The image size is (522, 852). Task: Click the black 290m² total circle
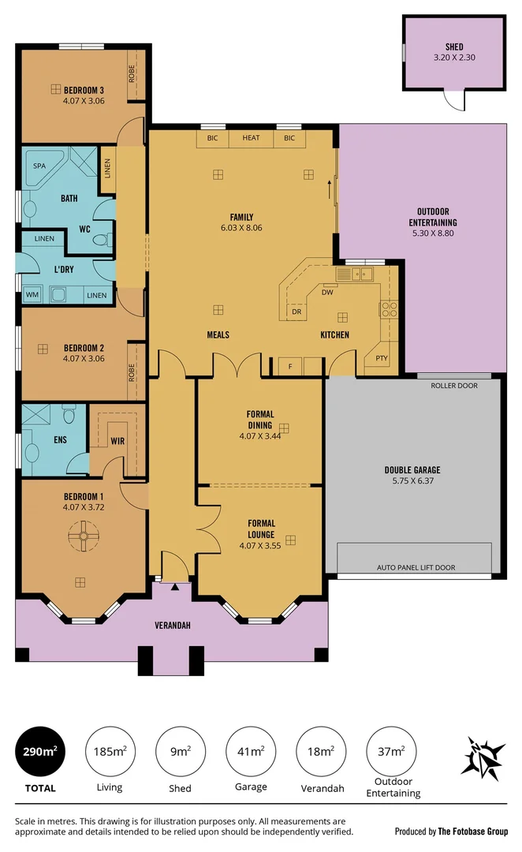38,750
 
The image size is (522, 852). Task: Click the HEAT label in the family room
251,138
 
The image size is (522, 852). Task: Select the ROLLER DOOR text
454,386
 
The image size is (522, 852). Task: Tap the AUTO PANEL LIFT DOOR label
416,567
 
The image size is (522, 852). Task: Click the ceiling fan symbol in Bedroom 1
80,537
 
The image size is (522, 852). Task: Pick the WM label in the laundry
32,294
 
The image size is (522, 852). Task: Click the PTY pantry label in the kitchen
382,358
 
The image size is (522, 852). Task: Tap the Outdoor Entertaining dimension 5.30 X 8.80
433,233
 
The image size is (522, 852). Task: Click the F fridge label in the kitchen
290,366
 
